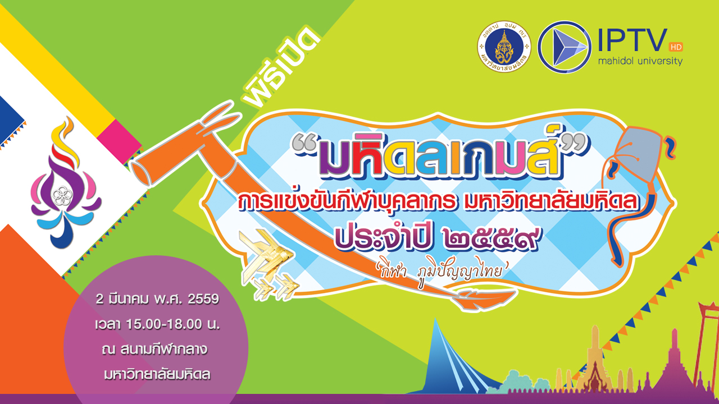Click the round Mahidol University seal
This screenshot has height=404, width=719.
click(504, 47)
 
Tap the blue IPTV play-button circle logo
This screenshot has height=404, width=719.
click(565, 47)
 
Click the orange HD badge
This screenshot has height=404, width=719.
click(676, 47)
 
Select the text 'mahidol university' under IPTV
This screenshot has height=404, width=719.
click(640, 61)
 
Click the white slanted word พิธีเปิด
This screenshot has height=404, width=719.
click(281, 68)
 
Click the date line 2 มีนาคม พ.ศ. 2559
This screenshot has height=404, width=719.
click(157, 299)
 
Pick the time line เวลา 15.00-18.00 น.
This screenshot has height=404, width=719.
click(157, 324)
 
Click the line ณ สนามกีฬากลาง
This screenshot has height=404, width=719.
click(154, 350)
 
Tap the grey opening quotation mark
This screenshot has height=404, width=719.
click(305, 143)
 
